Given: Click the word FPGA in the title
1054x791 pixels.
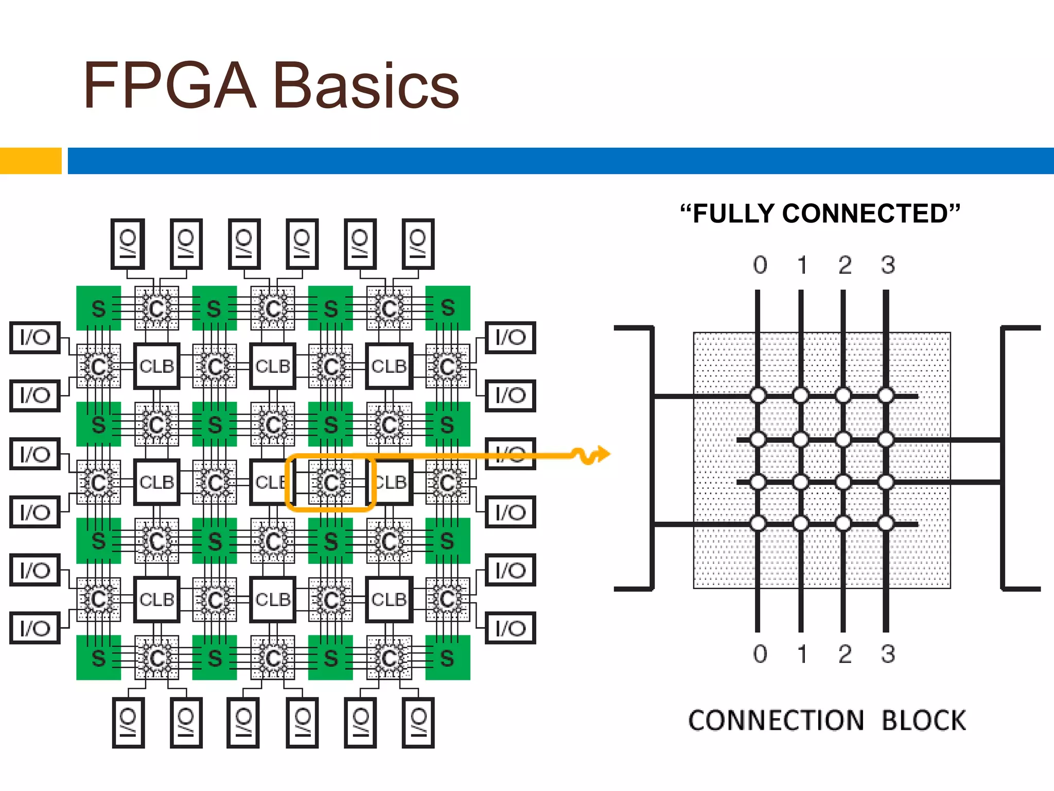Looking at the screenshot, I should pos(170,85).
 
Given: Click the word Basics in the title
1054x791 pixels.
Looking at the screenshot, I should pos(366,85).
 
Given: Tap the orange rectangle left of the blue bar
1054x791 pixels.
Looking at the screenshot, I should pos(30,161).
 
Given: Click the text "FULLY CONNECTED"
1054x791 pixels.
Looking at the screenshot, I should pos(820,214).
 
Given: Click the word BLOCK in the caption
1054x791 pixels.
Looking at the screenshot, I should pos(924,720).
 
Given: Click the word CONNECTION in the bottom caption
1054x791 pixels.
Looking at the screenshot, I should pos(776,720).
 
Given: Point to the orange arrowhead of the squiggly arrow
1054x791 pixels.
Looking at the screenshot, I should pos(603,454).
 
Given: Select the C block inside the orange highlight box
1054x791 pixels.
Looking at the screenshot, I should pos(331,483).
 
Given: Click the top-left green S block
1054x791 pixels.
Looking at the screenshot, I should pos(98,308).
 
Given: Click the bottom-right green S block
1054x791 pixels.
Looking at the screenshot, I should pos(448,658).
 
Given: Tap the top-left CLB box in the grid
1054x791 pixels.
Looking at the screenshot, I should pos(156,366).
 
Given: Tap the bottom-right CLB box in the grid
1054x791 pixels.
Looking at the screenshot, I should pos(389,599).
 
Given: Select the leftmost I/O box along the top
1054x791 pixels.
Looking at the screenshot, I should pos(127,244).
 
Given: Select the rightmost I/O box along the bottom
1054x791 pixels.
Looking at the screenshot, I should pos(418,722).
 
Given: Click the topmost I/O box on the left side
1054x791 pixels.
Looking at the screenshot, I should pos(35,337).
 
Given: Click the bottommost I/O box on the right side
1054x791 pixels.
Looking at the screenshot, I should pos(511,628).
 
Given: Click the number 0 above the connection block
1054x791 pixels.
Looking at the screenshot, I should pos(760,265).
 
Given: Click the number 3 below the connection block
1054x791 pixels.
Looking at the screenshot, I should pos(888,654).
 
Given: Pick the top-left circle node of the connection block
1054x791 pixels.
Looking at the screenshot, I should pos(758,395).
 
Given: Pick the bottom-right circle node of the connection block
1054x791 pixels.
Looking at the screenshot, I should pos(886,523).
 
